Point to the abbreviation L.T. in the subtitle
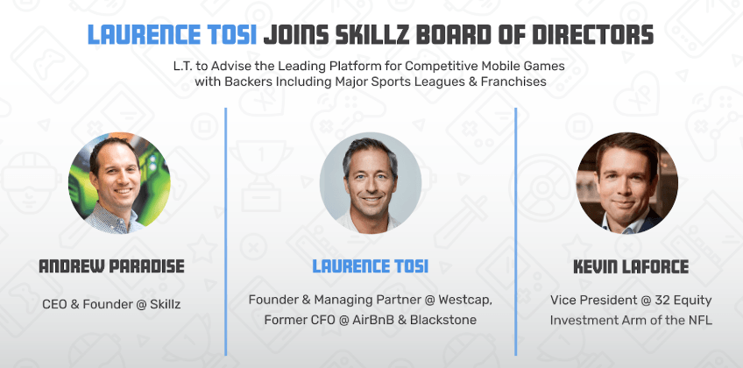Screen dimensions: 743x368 (182, 65)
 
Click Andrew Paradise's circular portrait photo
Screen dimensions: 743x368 (119, 183)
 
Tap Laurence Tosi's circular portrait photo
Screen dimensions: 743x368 (371, 183)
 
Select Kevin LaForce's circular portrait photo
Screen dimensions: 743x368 (627, 183)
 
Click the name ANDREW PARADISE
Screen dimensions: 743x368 (111, 266)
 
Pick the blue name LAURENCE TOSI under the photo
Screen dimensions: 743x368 (370, 266)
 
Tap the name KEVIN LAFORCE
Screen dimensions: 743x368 (631, 266)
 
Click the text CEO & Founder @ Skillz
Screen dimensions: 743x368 (111, 304)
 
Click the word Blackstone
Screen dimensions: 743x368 (443, 320)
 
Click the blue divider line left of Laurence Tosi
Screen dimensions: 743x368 (225, 231)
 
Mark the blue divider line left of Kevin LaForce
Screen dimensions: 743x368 (515, 231)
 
